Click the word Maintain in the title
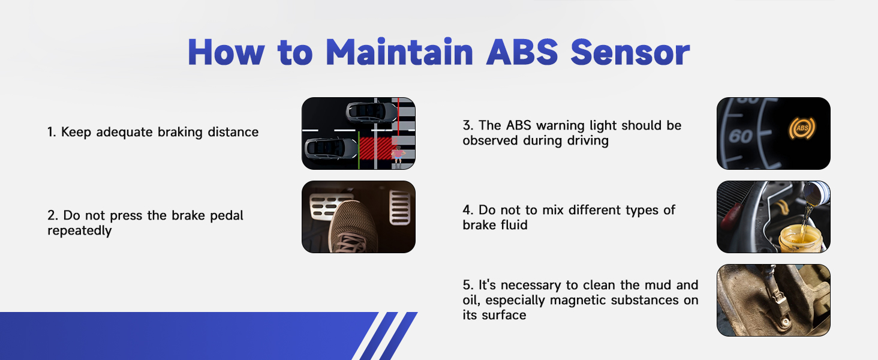coord(400,52)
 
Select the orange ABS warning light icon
coord(802,128)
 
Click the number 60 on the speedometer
coord(741,136)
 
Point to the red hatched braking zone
coord(375,148)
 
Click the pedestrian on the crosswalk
coord(398,157)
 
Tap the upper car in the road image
coord(372,113)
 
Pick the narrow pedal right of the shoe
coord(399,207)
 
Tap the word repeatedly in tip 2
coord(80,230)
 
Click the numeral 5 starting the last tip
coord(467,285)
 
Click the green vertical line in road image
coord(359,150)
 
